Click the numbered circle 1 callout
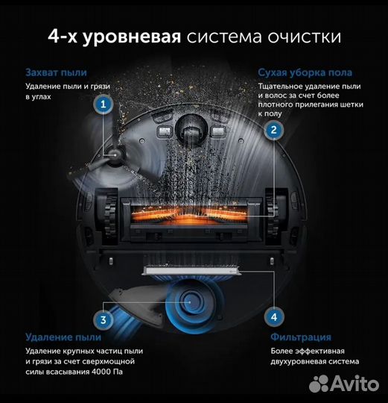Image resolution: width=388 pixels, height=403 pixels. tap(102, 105)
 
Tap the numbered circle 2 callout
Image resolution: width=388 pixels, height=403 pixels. tap(274, 130)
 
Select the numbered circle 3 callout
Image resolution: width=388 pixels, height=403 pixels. tap(104, 321)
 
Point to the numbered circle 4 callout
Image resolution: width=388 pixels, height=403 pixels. tap(274, 317)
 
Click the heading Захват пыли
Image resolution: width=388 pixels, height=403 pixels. tap(56, 72)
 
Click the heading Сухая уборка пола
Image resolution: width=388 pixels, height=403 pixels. tap(305, 72)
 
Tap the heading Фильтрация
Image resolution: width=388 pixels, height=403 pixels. tap(299, 337)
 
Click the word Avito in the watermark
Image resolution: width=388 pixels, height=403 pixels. tap(355, 384)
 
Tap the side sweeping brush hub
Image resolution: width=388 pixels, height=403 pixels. tap(116, 154)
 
